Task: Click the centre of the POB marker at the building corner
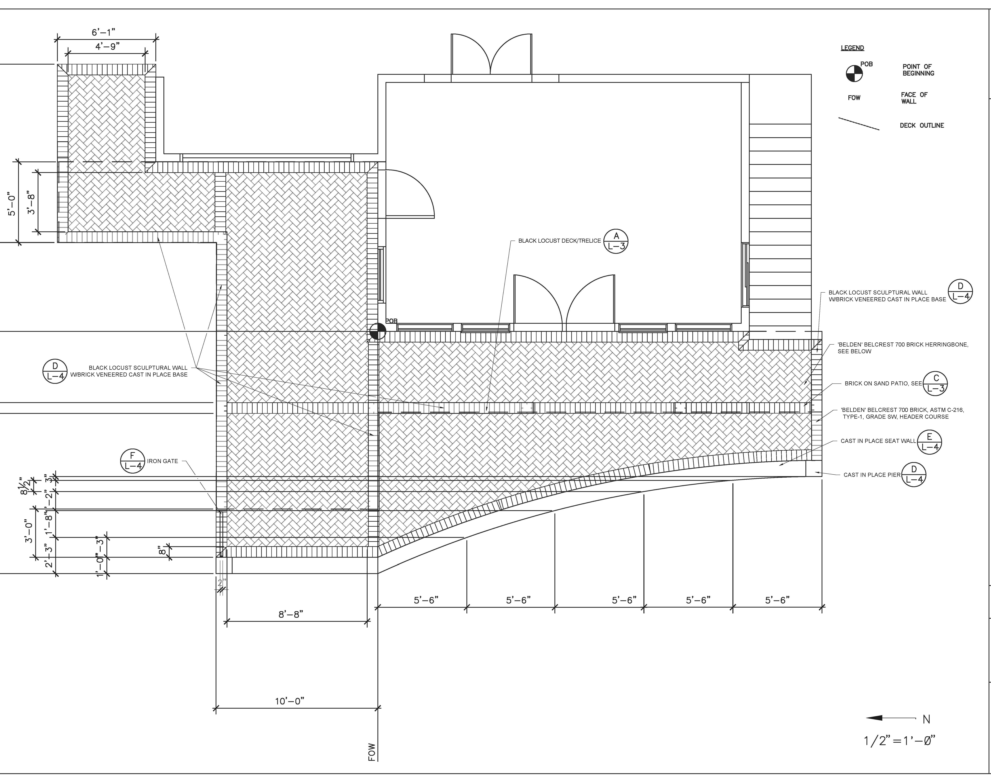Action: [378, 332]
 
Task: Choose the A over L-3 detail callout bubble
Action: [616, 241]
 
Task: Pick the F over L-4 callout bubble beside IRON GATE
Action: [132, 461]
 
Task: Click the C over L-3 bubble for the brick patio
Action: [936, 383]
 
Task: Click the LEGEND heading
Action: [852, 48]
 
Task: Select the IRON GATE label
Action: [162, 461]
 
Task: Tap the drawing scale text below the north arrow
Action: [899, 741]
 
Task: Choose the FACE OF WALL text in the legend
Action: [914, 98]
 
